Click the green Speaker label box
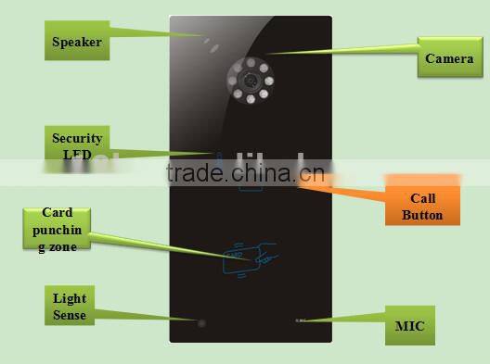76,42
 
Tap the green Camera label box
449,59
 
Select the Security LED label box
77,146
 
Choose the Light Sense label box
69,308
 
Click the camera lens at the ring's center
250,81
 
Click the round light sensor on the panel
200,322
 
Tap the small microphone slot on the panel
300,320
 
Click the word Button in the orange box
422,215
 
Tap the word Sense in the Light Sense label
70,316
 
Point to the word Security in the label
77,139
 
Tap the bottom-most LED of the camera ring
250,103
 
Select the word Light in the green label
70,300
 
